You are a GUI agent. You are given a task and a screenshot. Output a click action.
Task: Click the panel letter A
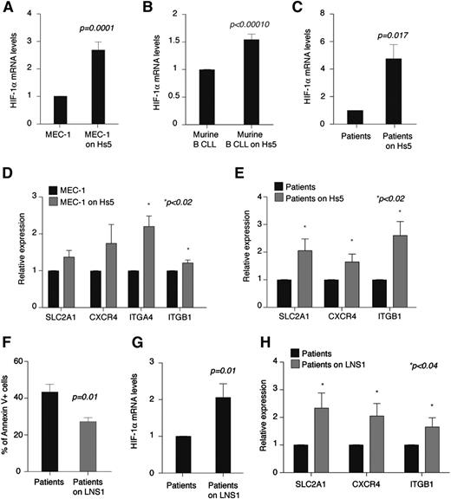pos(7,8)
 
